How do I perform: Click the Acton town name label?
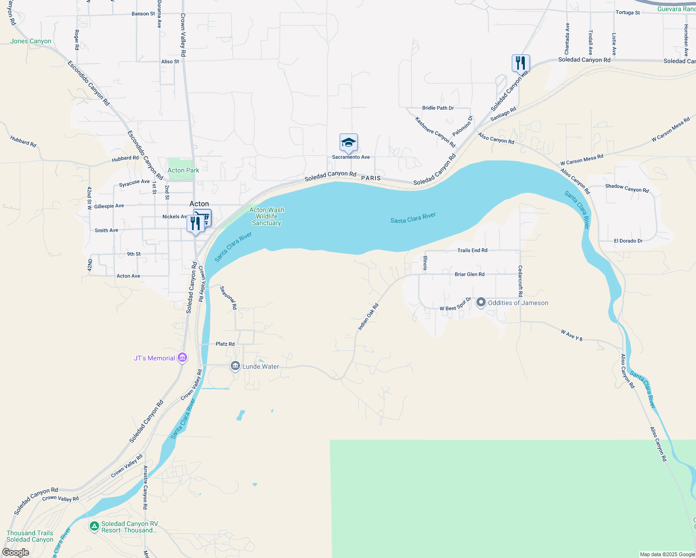point(199,204)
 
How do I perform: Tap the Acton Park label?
point(183,171)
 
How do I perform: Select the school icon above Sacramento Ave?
point(348,142)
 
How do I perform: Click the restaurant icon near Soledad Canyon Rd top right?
point(521,63)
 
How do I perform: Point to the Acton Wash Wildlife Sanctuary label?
point(267,217)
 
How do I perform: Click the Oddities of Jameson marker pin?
point(481,303)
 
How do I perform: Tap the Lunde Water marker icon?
point(235,366)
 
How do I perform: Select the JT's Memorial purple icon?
point(183,358)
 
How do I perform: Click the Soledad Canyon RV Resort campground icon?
point(94,526)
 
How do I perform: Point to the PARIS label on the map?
point(371,178)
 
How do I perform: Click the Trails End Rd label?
point(472,251)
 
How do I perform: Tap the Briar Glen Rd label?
point(469,274)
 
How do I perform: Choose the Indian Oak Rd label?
point(368,317)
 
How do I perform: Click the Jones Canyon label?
point(31,41)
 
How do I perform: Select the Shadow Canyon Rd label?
point(627,188)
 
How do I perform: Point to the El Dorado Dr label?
point(628,241)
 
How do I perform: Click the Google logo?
point(16,552)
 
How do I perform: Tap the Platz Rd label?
point(225,344)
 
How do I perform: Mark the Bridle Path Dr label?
point(438,108)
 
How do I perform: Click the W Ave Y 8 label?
point(571,335)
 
